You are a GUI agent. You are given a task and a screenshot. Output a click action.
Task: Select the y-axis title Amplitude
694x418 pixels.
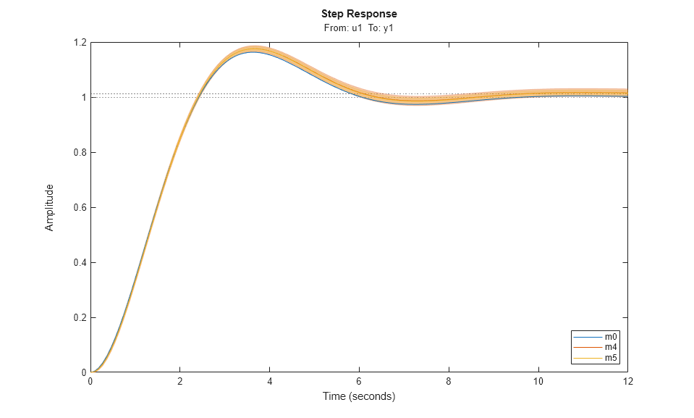(x=50, y=207)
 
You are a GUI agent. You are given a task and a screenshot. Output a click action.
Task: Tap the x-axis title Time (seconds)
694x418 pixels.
(x=359, y=396)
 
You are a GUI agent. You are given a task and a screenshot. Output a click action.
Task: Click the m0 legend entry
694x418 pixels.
(x=612, y=337)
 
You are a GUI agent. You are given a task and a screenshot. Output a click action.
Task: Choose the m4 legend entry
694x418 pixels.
(x=612, y=348)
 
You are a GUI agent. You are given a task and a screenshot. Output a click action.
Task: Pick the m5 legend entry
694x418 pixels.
(x=612, y=358)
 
